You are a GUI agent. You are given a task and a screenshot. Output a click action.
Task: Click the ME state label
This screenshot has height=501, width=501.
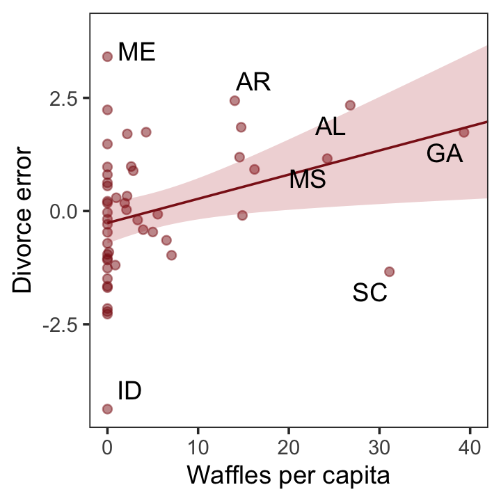tap(136, 52)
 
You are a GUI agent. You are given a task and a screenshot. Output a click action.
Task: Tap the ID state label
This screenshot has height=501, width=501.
tap(129, 391)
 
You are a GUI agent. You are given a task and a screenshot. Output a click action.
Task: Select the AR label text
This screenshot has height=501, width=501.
tap(253, 82)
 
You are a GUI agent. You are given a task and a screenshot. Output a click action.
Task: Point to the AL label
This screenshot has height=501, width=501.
tap(330, 127)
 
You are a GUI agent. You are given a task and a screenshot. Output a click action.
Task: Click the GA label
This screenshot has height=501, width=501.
tap(445, 154)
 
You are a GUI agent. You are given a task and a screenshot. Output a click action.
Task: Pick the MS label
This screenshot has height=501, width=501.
tap(308, 180)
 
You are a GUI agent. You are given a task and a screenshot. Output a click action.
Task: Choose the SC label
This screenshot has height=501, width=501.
tap(369, 293)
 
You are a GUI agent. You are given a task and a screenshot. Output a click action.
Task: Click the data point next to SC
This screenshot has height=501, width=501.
tap(389, 271)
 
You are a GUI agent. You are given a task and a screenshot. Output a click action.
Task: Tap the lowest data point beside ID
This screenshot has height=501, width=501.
tap(107, 409)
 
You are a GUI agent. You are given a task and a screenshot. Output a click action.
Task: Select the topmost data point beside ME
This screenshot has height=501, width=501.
tap(107, 56)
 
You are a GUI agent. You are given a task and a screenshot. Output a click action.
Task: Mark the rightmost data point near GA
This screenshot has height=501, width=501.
tap(464, 132)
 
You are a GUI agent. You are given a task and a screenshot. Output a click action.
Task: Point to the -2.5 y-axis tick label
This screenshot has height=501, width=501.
tap(62, 324)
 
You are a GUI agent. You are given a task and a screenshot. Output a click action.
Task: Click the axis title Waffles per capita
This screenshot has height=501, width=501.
tap(287, 477)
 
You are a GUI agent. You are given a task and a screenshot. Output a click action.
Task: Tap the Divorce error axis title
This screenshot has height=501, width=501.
tap(23, 219)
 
